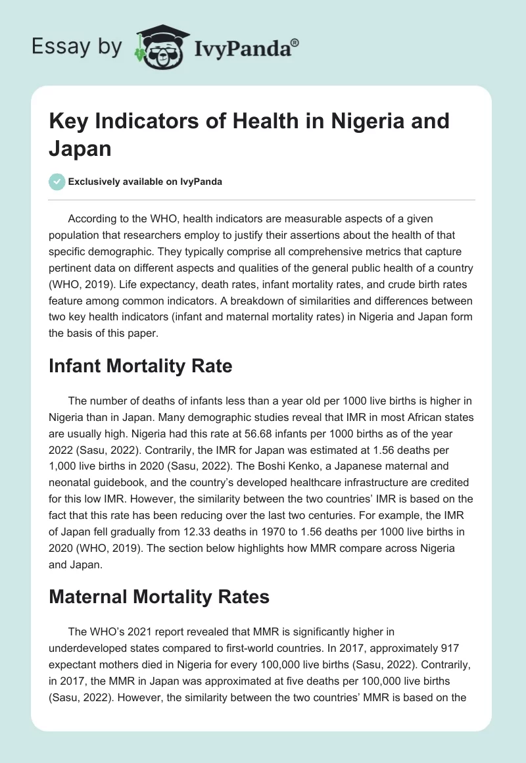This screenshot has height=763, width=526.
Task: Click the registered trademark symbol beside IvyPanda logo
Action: [295, 43]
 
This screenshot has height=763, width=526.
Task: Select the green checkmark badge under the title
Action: [57, 182]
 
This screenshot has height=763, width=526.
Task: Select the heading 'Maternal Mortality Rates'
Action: [159, 597]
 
